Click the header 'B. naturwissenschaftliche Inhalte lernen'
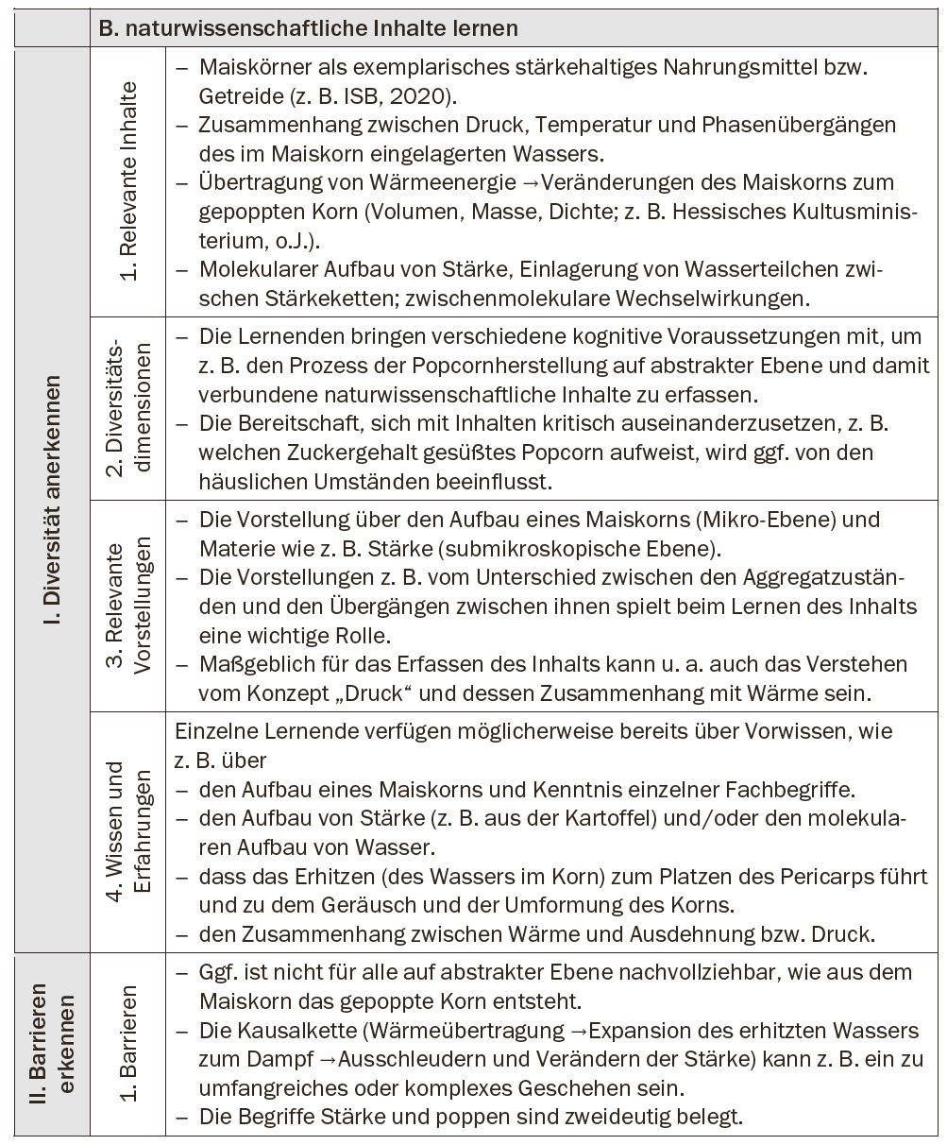click(x=308, y=28)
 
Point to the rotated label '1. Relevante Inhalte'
click(x=128, y=181)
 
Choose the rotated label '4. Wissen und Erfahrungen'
click(x=128, y=829)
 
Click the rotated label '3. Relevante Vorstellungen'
click(x=128, y=607)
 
